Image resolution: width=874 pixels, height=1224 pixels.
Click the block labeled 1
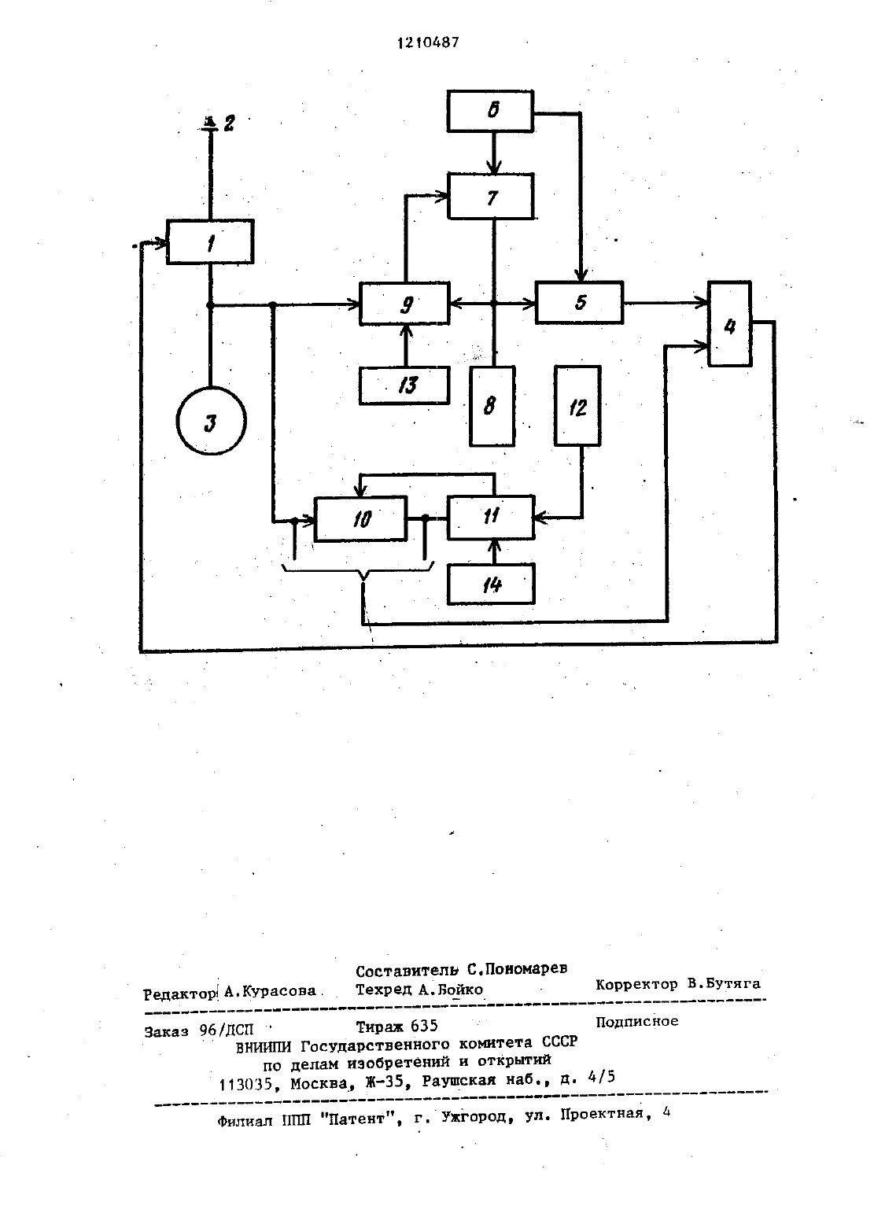[x=210, y=241]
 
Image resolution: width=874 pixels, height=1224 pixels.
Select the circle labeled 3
[x=211, y=420]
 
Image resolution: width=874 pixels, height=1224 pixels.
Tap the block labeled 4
[x=730, y=323]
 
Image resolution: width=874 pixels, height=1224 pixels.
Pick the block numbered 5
[x=579, y=302]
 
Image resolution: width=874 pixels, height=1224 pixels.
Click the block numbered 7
[x=491, y=196]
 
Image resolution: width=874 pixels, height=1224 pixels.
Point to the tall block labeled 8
[x=492, y=406]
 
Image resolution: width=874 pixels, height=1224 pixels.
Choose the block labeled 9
[x=404, y=304]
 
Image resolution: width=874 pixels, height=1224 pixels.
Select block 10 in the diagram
[x=361, y=518]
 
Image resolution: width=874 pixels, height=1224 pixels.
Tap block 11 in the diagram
[x=491, y=517]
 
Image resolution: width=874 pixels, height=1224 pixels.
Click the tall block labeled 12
[x=577, y=406]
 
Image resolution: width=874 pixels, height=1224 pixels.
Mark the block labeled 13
[x=404, y=385]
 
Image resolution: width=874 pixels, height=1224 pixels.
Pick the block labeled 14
[x=491, y=584]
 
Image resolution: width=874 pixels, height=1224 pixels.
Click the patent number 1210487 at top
[x=428, y=42]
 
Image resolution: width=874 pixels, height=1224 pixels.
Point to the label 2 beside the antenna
[x=229, y=123]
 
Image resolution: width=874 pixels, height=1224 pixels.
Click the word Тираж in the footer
[x=377, y=1027]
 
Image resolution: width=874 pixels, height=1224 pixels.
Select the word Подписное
[x=636, y=1021]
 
